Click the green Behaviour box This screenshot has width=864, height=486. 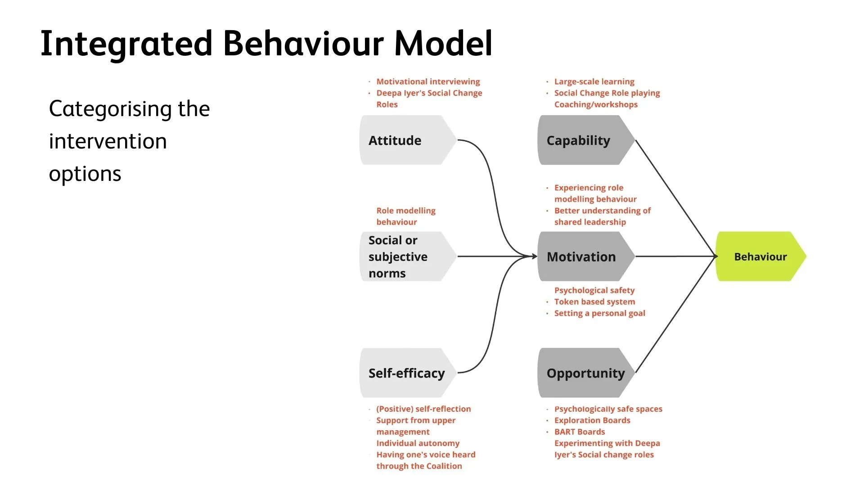tap(760, 256)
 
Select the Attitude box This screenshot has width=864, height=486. tap(408, 140)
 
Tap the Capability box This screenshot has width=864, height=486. tap(586, 140)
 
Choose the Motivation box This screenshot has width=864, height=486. tap(586, 256)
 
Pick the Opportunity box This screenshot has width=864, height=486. tap(586, 373)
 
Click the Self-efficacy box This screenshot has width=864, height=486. tap(408, 373)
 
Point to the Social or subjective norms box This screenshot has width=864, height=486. tap(408, 256)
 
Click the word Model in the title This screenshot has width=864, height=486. tap(443, 44)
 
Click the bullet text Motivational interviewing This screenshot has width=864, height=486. tap(428, 81)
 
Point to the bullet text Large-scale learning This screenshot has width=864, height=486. tap(594, 81)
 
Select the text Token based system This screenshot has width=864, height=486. tap(594, 301)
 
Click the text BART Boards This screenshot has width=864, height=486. tap(580, 432)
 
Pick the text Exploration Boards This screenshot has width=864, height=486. tap(592, 420)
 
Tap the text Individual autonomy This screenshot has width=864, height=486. tap(418, 443)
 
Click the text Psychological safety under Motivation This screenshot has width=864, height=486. tap(594, 290)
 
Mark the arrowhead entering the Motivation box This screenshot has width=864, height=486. tap(535, 256)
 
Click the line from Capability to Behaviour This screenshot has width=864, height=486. tap(675, 198)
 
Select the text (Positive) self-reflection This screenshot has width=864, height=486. tap(423, 409)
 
